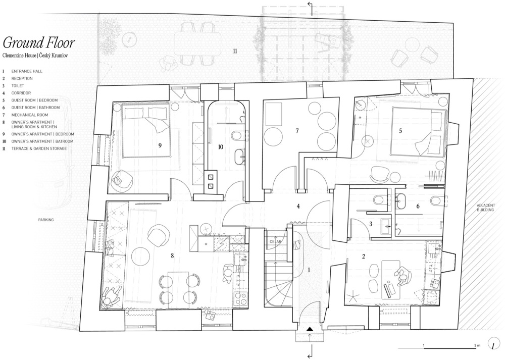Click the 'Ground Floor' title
[39, 43]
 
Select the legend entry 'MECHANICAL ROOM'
[30, 115]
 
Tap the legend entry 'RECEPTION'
[22, 79]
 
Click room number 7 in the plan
[297, 131]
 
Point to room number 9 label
[160, 145]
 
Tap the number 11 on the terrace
[235, 51]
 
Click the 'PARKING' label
[46, 220]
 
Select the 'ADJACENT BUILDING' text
[485, 208]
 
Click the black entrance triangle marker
[310, 329]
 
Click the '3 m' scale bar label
[477, 345]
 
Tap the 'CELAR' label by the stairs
[275, 242]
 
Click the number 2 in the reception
[364, 256]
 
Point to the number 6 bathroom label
[418, 206]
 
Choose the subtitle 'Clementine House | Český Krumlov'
[35, 56]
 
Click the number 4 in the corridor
[298, 206]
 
